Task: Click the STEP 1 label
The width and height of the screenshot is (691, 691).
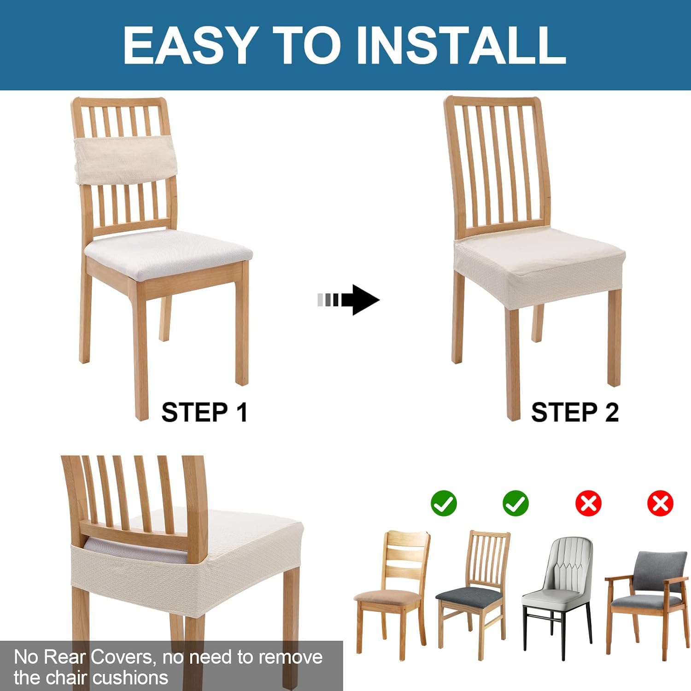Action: (205, 412)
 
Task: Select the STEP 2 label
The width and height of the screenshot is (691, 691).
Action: (574, 412)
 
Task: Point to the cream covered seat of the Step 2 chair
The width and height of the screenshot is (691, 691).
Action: (539, 260)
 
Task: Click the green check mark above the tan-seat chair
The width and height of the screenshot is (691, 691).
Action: (444, 503)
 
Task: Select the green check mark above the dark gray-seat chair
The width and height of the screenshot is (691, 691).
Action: (516, 503)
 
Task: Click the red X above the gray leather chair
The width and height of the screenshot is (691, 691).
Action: (588, 503)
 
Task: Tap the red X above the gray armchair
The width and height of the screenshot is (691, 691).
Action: (660, 503)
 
